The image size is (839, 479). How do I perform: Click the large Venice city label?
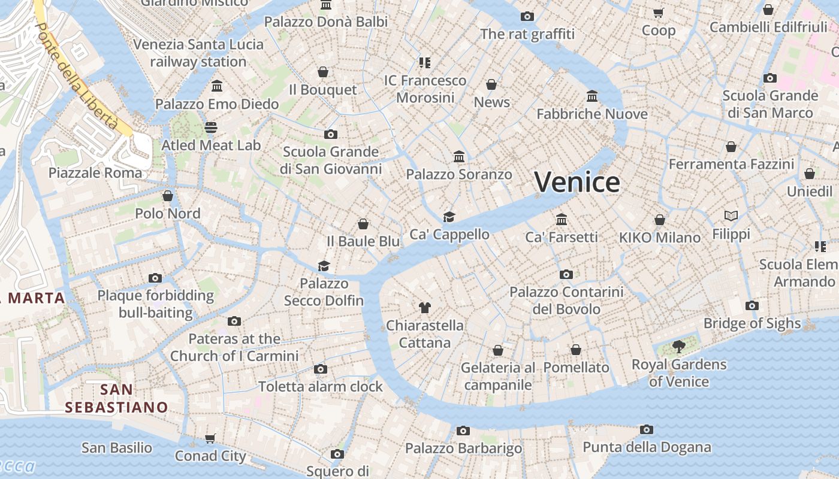(577, 182)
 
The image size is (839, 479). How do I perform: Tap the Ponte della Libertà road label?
(76, 75)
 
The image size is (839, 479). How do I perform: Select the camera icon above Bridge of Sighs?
(752, 305)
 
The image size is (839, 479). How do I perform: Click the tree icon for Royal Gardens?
(678, 346)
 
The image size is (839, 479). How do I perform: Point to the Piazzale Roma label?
(95, 173)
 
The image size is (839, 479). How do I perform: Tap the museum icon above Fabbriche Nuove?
(592, 96)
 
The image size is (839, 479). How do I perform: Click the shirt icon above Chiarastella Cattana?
(424, 308)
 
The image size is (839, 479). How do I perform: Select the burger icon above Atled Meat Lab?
(210, 127)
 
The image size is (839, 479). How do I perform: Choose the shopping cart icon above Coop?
(658, 13)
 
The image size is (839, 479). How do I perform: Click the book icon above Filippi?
(731, 216)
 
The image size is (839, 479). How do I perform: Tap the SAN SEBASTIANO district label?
(116, 399)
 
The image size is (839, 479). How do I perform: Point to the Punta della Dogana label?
(647, 447)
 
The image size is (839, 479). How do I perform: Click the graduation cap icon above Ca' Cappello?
(449, 217)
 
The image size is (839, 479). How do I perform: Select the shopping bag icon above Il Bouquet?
(323, 72)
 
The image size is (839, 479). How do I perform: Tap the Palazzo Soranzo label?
(459, 174)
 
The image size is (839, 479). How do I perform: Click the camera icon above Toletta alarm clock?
(321, 369)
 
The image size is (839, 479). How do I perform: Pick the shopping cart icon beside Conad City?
(210, 439)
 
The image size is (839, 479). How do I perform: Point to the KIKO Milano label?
(659, 238)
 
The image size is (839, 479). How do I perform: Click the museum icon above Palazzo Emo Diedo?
(217, 86)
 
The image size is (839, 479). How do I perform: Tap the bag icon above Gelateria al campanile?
(497, 350)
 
